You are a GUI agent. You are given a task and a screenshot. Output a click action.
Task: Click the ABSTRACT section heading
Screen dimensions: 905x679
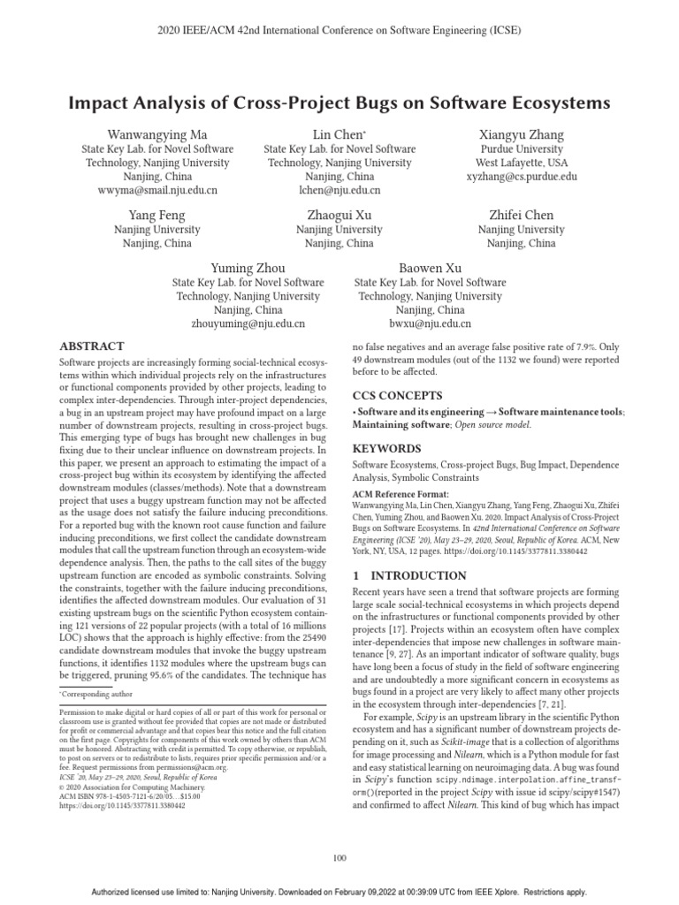click(x=91, y=346)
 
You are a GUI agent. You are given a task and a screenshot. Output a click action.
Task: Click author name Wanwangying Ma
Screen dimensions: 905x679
click(x=157, y=134)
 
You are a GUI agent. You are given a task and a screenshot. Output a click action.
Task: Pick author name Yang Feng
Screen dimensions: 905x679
click(x=157, y=215)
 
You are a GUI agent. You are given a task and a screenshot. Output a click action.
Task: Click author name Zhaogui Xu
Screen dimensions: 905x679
click(x=339, y=215)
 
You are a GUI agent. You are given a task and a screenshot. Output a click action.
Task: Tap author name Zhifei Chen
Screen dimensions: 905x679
click(x=521, y=215)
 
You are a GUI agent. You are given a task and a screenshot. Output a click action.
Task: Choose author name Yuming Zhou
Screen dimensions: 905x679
click(x=248, y=268)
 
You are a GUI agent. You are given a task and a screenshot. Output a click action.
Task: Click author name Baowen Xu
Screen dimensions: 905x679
click(x=430, y=268)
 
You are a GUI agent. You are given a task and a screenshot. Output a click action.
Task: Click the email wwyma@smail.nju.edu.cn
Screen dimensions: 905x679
click(x=157, y=190)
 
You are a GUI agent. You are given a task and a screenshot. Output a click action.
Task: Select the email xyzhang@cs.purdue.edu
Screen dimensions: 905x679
click(x=521, y=177)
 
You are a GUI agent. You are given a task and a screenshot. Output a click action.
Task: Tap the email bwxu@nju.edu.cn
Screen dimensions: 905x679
click(x=430, y=324)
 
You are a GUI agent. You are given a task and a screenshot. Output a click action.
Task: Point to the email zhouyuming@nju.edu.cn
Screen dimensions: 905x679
click(x=248, y=324)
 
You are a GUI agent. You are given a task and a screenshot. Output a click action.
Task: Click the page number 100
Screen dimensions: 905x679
click(x=339, y=857)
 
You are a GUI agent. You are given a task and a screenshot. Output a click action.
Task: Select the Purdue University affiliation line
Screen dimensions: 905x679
click(x=521, y=149)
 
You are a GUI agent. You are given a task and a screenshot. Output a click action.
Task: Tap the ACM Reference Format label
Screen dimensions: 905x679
click(x=401, y=494)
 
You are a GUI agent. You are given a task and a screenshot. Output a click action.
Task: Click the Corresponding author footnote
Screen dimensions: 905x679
click(x=94, y=696)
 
